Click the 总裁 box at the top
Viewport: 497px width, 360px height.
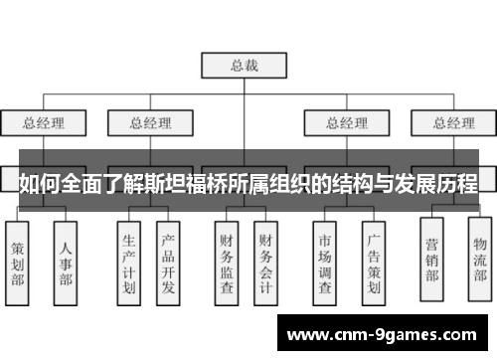[245, 66]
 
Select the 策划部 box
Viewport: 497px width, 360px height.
[19, 261]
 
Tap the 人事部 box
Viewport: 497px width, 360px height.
[66, 261]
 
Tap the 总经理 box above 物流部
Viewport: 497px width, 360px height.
[453, 123]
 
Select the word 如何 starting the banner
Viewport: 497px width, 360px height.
[36, 184]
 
